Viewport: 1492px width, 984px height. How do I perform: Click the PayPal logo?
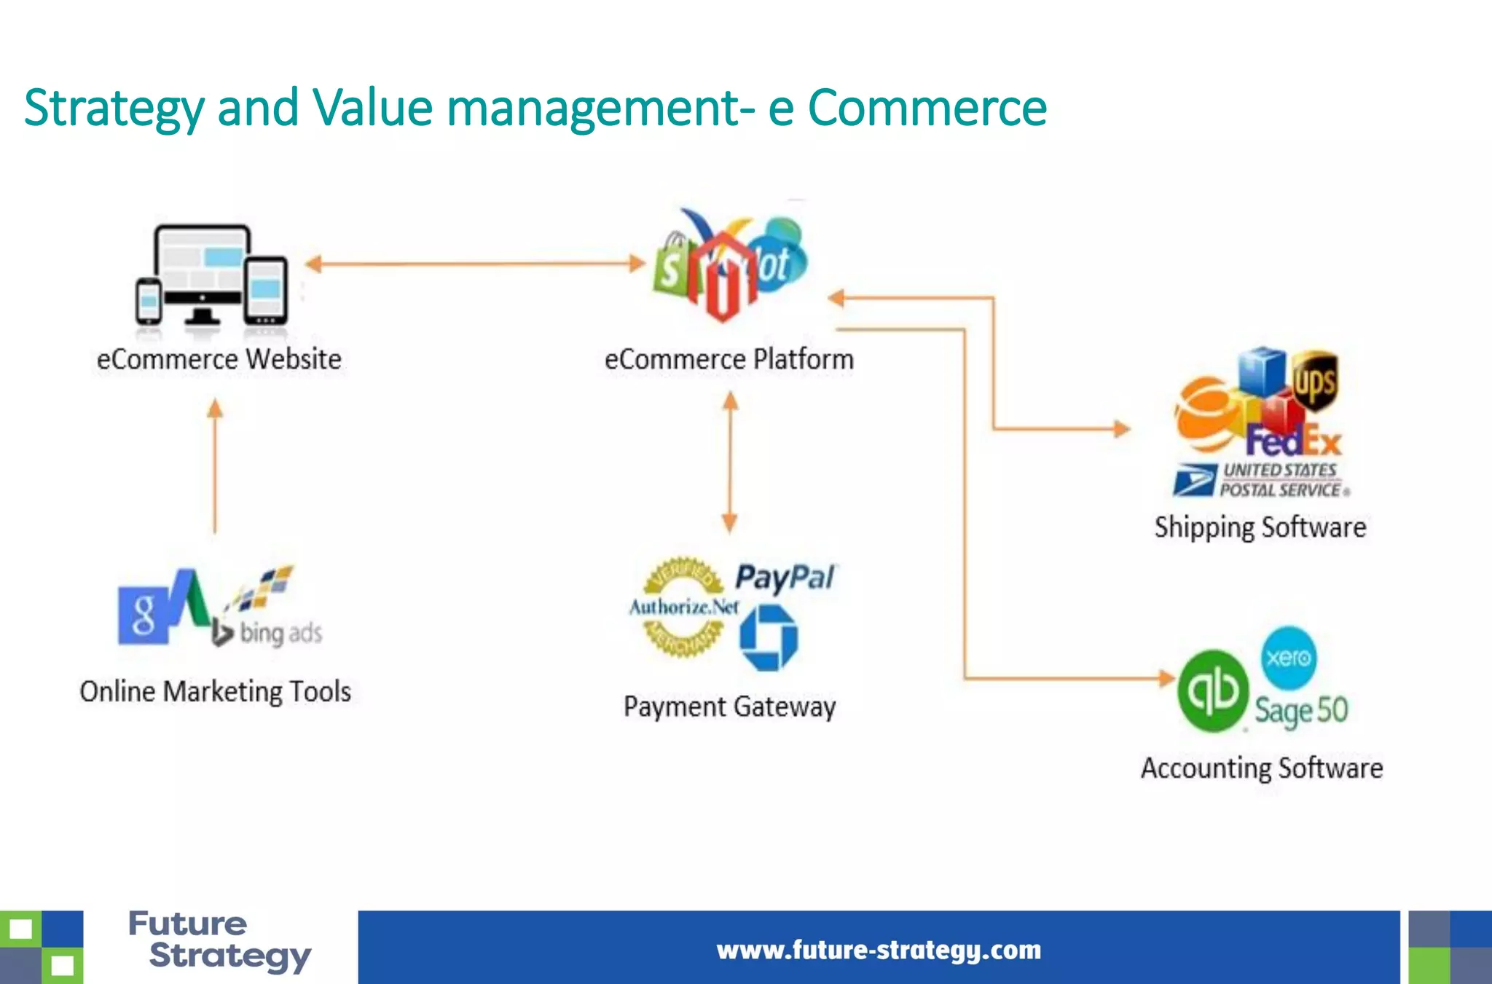coord(785,578)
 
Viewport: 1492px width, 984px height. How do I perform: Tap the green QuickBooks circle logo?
coord(1212,690)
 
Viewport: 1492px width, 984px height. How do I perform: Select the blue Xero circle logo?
coord(1288,658)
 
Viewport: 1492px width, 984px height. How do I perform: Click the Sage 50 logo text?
coord(1301,711)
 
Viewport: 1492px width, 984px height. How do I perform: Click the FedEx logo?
coord(1293,441)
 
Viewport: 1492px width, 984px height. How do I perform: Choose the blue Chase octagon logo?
coord(769,638)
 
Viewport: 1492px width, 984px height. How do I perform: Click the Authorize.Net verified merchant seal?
coord(683,607)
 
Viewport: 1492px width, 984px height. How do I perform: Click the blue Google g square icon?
coord(144,614)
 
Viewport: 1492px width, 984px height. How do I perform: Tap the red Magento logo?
coord(722,277)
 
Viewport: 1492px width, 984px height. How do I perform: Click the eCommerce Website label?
coord(219,359)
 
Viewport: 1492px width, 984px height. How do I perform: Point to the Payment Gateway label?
coord(729,706)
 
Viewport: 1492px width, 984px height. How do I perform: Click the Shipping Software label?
coord(1260,527)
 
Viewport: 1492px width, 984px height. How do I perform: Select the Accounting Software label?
coord(1262,768)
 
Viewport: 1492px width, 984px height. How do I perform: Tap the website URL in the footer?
coord(879,950)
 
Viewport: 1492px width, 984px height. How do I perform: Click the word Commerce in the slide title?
coord(927,108)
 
